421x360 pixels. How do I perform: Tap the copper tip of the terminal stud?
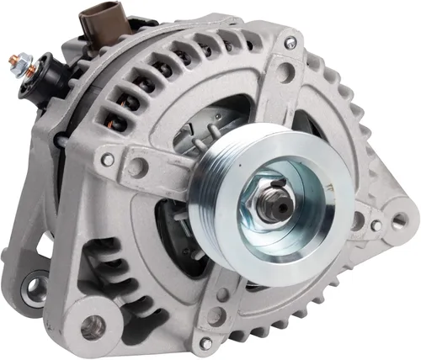(x=16, y=60)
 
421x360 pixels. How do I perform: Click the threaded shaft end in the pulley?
(x=272, y=205)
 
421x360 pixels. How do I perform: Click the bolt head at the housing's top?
(x=290, y=42)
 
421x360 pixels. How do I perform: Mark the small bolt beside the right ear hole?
(x=376, y=225)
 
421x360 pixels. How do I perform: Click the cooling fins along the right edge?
(x=370, y=143)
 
